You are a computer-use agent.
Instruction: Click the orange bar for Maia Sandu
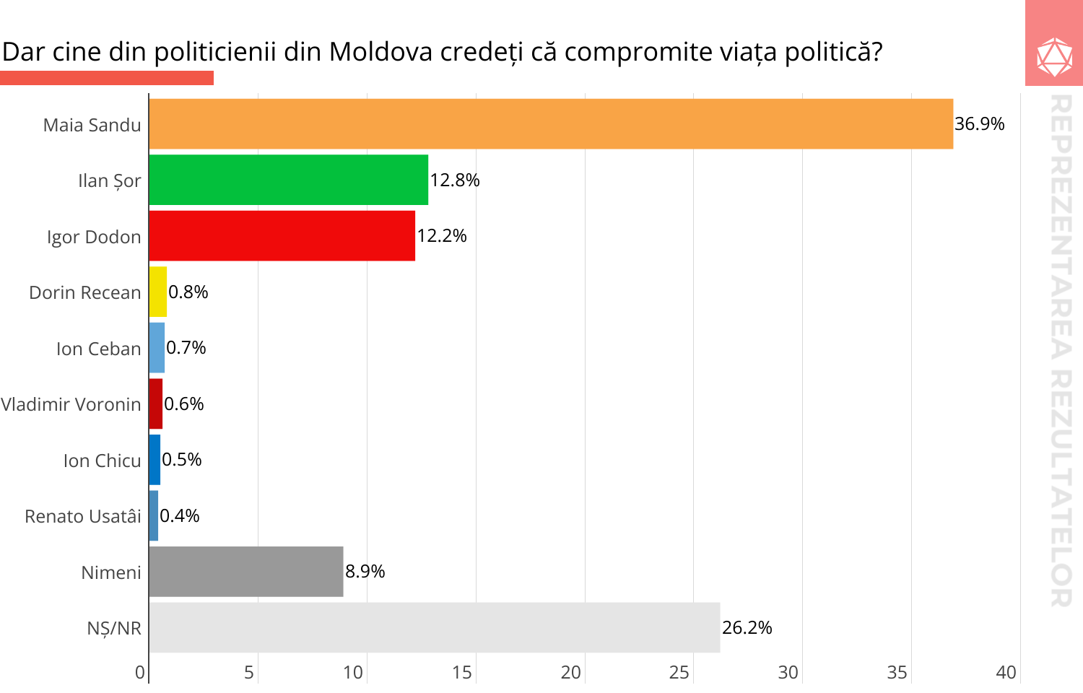click(551, 124)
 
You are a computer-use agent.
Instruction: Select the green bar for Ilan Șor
click(289, 180)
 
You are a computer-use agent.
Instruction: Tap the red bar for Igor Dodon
click(282, 236)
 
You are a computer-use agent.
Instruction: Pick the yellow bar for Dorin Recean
click(158, 292)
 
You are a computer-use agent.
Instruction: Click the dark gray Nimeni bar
click(246, 572)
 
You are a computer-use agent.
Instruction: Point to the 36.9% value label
click(979, 124)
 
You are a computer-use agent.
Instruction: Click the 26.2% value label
click(747, 628)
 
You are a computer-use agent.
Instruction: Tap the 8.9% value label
click(365, 572)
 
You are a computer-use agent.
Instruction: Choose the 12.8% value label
click(454, 180)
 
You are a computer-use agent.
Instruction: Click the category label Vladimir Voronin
click(71, 404)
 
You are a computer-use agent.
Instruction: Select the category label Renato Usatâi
click(83, 516)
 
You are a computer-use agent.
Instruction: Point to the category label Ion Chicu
click(102, 461)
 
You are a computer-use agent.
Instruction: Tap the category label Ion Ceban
click(98, 349)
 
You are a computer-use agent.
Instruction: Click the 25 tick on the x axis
click(679, 673)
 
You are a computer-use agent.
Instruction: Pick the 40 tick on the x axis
click(1006, 673)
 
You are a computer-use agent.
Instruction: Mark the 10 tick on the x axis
click(352, 673)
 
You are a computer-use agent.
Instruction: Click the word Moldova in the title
click(380, 52)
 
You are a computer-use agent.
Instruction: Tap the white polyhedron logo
click(1054, 56)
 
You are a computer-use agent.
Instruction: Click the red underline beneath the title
click(107, 78)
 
